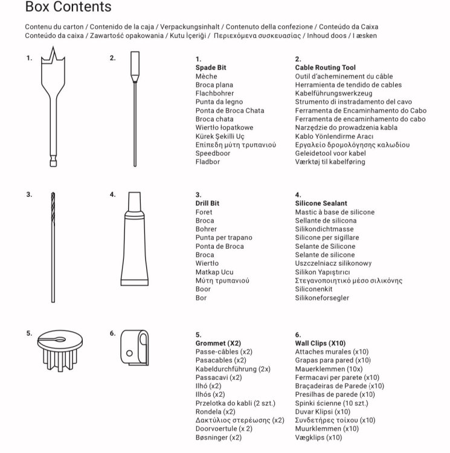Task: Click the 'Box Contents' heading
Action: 68,8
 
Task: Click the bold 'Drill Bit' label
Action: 207,204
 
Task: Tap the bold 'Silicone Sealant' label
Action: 321,204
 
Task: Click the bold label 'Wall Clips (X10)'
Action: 320,342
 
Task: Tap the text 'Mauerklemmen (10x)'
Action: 329,368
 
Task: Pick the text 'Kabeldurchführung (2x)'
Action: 233,368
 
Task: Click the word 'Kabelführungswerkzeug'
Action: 334,94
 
